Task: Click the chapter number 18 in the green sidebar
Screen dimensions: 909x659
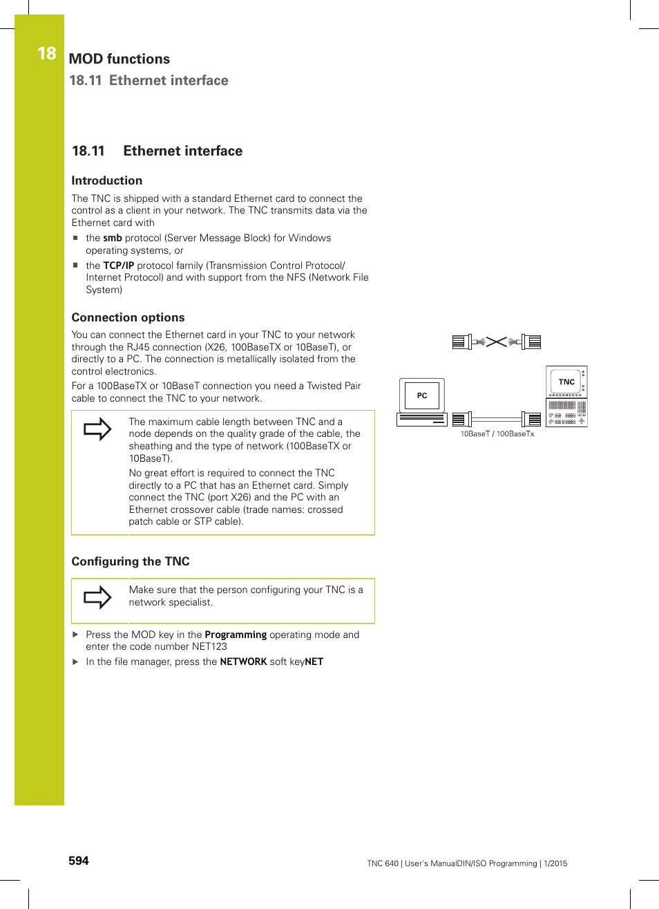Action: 46,54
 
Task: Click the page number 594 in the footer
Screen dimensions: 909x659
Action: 79,861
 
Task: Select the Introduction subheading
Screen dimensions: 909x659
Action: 106,180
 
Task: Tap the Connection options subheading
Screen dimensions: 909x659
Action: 128,317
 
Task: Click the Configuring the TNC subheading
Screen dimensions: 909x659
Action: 130,561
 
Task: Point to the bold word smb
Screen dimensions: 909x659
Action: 112,238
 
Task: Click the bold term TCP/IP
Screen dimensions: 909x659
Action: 118,265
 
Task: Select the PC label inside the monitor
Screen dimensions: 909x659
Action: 421,395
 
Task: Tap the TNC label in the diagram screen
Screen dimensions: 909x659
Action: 566,382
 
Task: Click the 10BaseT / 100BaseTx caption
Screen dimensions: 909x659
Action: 497,434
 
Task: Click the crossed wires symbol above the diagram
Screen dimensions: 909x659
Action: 496,341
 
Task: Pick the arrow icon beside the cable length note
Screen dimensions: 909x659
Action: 97,429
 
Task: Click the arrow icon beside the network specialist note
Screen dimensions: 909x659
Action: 97,597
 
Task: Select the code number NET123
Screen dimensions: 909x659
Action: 209,646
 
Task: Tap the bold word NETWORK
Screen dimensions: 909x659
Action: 243,662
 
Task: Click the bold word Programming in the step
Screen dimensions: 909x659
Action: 236,635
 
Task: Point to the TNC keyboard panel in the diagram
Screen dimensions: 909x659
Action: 566,413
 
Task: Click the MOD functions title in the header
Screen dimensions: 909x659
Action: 119,59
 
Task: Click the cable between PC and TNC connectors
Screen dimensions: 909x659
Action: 496,419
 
